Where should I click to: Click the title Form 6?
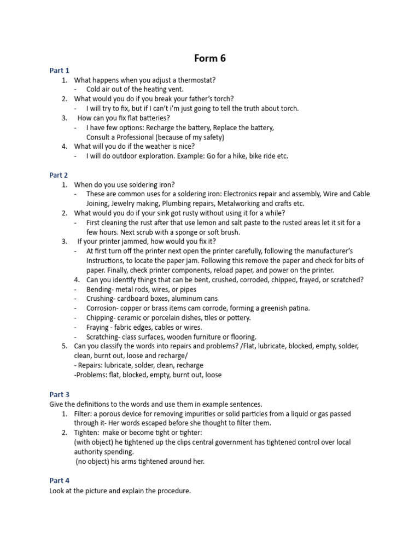tap(210, 59)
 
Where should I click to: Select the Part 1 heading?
tap(59, 71)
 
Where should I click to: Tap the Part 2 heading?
tap(59, 176)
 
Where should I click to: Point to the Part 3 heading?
tap(59, 394)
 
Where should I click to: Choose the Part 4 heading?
tap(59, 481)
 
